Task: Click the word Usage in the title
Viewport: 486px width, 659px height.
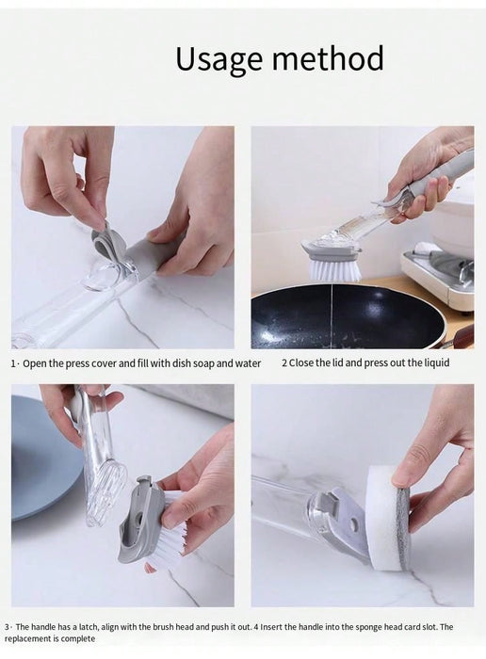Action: tap(220, 60)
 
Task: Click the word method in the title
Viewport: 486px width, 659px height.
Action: tap(329, 58)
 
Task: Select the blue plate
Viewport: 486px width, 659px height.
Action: tap(42, 459)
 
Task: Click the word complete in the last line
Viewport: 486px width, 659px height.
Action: tap(78, 639)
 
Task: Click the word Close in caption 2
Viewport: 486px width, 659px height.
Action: tap(300, 363)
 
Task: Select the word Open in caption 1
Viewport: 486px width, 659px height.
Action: tap(35, 364)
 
